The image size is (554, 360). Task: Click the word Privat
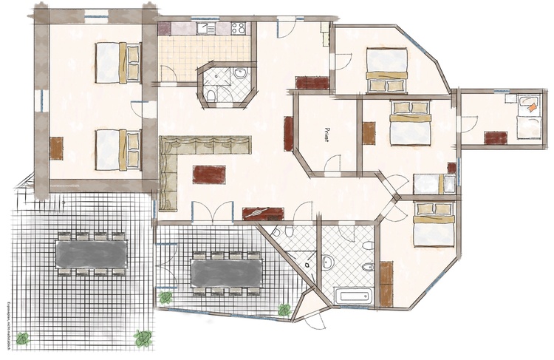(327, 133)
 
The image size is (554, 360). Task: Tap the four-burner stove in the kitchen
(239, 29)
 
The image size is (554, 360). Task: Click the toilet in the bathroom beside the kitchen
(210, 95)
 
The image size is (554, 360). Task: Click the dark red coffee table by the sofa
(209, 174)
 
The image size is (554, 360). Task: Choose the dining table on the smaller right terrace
(226, 271)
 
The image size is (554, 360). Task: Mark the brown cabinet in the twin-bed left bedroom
(56, 146)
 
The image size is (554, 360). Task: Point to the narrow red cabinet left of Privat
(289, 132)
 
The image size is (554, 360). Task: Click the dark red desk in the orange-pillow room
(495, 137)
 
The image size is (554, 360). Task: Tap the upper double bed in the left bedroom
(118, 62)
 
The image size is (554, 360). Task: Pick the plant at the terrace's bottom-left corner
(23, 339)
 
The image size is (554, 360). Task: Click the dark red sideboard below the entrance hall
(311, 82)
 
